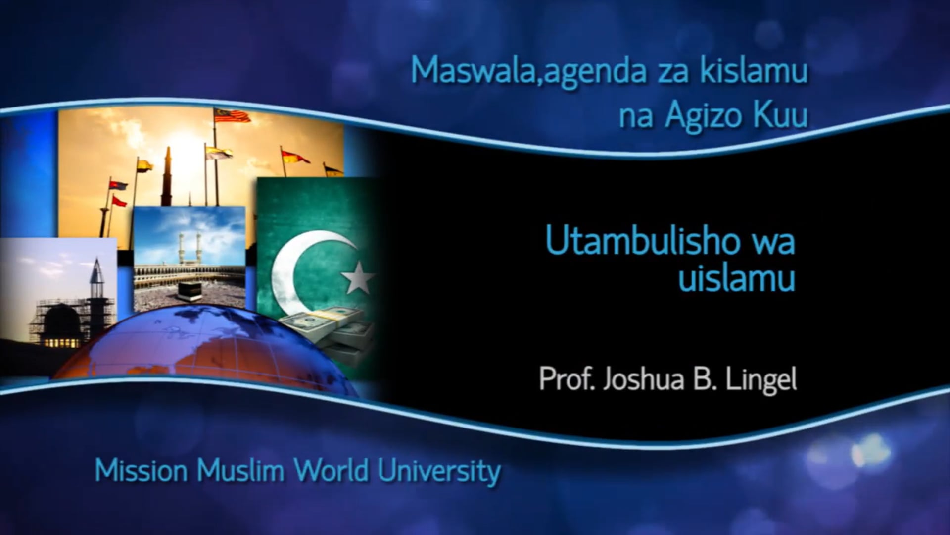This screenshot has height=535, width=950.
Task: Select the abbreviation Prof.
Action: click(566, 380)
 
